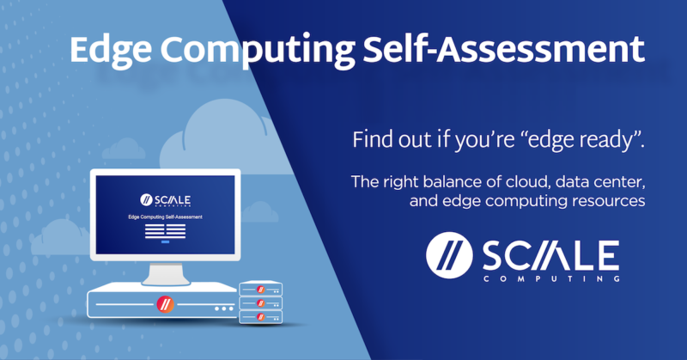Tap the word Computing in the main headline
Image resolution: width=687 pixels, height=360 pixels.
point(256,51)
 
